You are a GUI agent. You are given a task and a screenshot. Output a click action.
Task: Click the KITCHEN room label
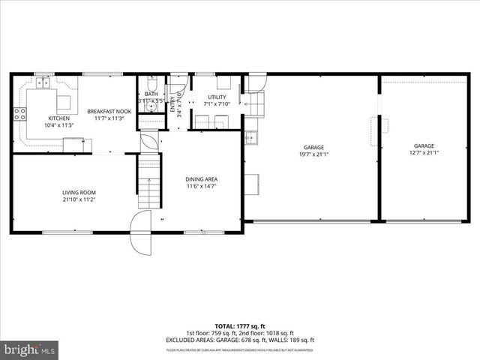59,118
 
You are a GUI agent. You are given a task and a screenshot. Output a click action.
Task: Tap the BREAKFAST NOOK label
109,112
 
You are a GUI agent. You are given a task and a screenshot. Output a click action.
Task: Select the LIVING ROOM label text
79,193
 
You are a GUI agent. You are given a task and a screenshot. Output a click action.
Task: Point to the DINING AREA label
201,178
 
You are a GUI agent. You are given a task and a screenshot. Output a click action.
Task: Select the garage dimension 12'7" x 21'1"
424,153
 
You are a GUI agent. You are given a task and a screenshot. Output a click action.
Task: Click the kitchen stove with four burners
19,114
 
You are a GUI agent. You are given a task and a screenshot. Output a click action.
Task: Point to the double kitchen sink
43,85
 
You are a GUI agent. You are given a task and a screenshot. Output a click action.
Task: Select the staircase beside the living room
150,183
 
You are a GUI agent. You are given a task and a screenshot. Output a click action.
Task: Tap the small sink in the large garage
250,136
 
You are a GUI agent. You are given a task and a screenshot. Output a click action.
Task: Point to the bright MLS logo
30,349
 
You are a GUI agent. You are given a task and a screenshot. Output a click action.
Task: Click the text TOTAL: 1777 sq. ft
240,325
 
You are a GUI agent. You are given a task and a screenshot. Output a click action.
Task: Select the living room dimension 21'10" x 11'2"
79,200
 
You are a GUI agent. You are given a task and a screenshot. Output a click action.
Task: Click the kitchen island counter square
64,100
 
